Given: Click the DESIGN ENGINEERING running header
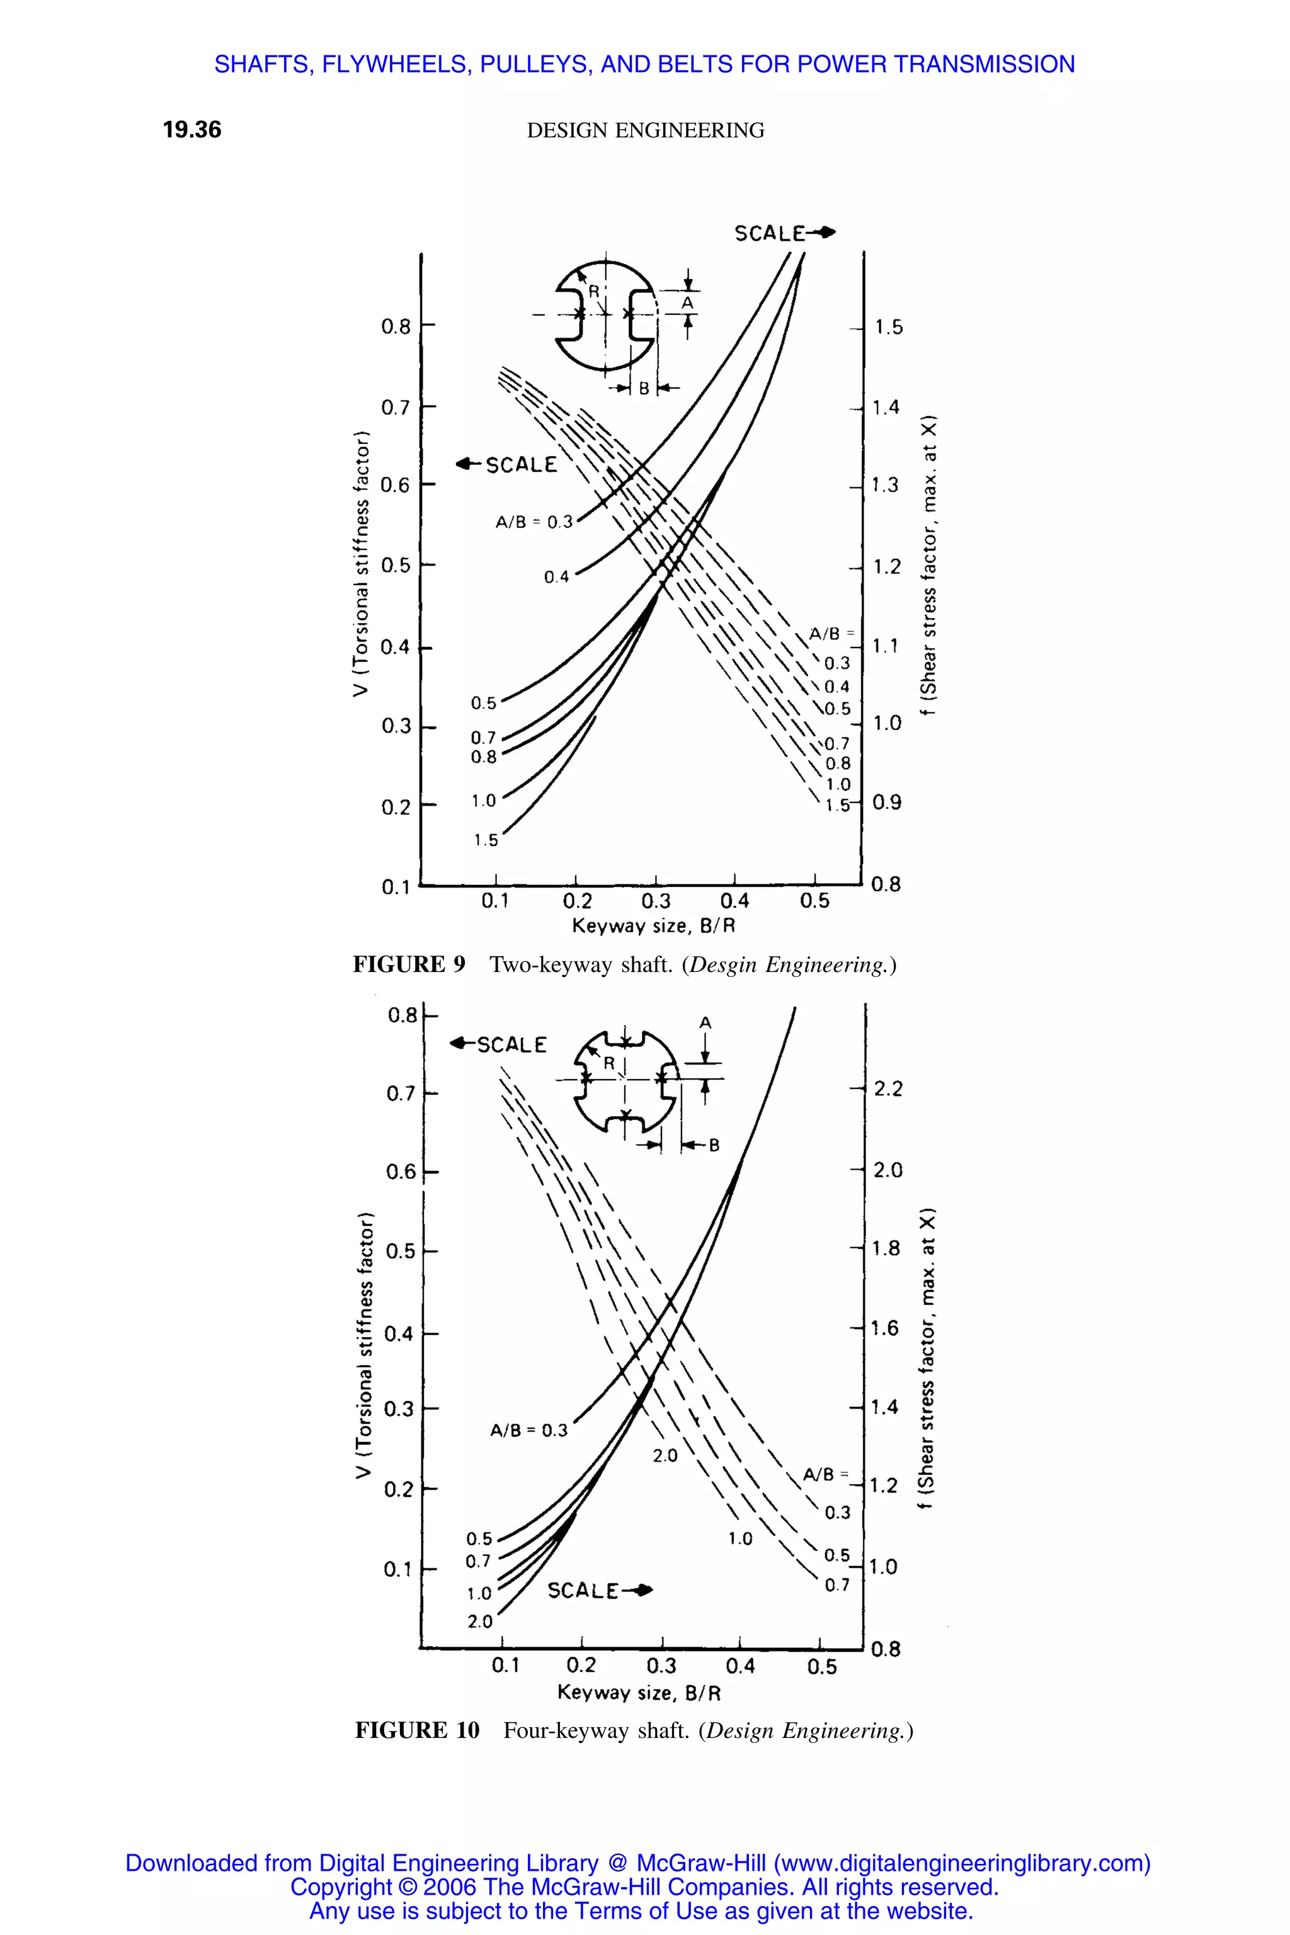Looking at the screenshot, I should click(645, 131).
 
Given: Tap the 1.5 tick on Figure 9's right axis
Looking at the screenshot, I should click(888, 328).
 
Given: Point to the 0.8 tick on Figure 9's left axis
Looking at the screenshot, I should click(395, 327).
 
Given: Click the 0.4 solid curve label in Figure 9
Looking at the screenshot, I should click(556, 578).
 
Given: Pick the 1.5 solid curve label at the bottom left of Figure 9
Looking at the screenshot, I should click(486, 840).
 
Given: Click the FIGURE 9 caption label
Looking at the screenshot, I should click(409, 964).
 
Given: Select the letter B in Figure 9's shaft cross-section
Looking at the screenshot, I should click(644, 388).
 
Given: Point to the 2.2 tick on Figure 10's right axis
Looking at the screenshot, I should click(888, 1089).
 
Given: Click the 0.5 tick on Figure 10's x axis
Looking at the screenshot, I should click(822, 1667).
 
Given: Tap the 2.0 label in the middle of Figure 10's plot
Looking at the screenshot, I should click(665, 1456).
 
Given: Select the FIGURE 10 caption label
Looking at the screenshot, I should click(417, 1731).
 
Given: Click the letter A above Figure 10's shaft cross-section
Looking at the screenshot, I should click(705, 1023).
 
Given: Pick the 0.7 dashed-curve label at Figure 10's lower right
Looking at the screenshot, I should click(836, 1585).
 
